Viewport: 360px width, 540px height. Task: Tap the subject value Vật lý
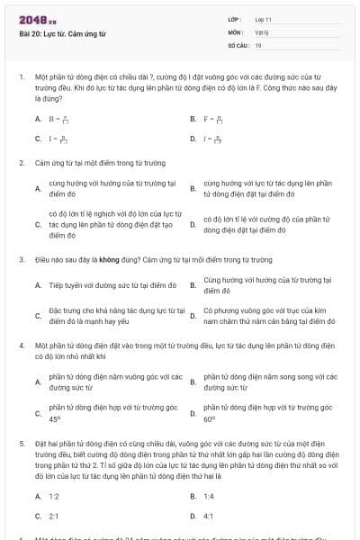260,31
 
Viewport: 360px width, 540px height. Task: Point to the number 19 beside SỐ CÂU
258,44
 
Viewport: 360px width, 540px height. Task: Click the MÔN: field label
235,31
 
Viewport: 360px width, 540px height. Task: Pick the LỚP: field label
235,19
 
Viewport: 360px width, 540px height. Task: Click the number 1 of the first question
21,76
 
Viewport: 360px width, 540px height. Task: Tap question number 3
21,259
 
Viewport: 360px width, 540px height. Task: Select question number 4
21,344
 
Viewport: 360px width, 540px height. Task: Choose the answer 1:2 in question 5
53,496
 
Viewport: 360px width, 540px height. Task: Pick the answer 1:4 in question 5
208,496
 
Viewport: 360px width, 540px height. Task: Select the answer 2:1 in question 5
53,516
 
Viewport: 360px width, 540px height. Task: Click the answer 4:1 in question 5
208,516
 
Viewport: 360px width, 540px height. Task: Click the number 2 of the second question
21,163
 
